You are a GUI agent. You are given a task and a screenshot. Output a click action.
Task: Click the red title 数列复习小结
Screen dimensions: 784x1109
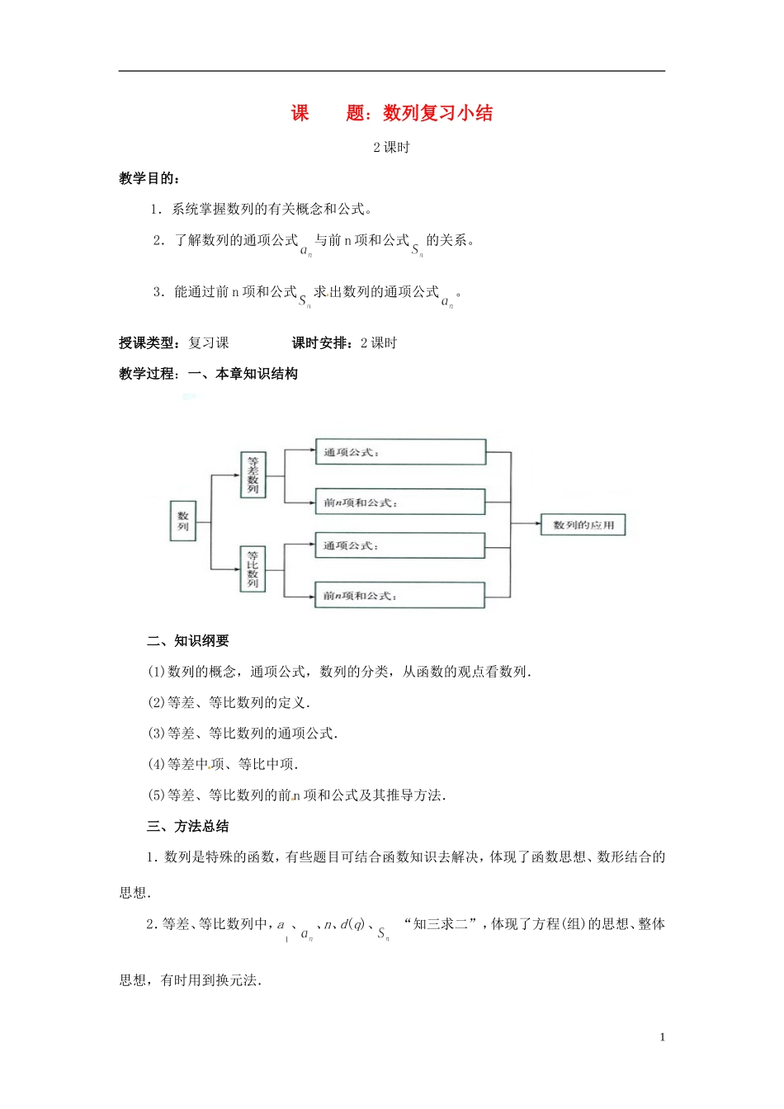coord(437,113)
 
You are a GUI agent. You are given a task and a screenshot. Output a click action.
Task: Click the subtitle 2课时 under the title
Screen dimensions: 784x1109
coord(391,148)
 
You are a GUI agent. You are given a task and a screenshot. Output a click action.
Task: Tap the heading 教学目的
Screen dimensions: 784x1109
coord(149,178)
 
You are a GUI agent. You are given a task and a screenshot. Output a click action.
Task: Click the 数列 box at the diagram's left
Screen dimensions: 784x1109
coord(183,521)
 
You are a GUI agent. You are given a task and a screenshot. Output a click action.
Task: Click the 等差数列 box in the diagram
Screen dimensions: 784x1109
coord(253,474)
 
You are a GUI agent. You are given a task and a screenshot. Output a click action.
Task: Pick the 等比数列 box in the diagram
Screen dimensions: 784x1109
coord(253,569)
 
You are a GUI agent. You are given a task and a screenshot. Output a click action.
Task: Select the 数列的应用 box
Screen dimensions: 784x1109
coord(583,525)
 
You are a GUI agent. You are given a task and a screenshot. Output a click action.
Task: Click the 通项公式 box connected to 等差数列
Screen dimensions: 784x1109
coord(400,452)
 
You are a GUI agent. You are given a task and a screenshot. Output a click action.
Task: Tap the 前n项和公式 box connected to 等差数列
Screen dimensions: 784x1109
coord(400,502)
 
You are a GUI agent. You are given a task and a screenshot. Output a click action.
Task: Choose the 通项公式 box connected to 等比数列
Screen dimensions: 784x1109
coord(400,545)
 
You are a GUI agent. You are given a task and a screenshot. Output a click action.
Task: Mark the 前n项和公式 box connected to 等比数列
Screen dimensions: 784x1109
coord(400,595)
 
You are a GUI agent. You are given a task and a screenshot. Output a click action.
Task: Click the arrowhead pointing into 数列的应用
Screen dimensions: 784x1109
coord(536,524)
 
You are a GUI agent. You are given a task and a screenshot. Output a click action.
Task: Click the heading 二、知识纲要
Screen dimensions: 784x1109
coord(188,641)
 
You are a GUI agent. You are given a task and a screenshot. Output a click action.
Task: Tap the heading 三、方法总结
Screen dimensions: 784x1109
coord(188,827)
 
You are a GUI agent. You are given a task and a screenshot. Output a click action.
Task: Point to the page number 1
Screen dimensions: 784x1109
coord(662,1037)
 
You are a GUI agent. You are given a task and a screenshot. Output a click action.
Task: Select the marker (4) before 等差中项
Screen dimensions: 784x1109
coord(157,765)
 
